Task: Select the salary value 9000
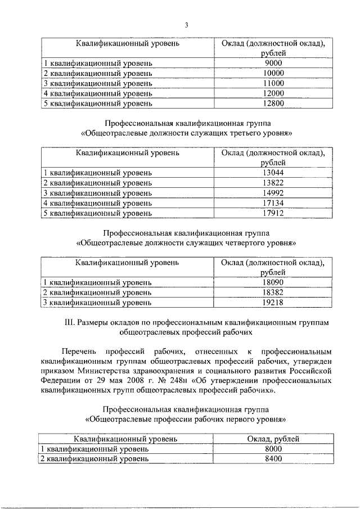tap(273, 63)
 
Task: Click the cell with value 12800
tap(273, 103)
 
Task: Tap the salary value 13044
tap(273, 173)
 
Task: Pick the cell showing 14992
tap(273, 193)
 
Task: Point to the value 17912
tap(273, 213)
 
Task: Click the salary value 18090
tap(273, 283)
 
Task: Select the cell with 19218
tap(273, 303)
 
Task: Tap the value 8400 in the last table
tap(273, 458)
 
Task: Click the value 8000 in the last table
tap(273, 449)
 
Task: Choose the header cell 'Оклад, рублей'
tap(273, 439)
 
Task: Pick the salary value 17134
tap(273, 203)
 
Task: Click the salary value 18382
tap(273, 293)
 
